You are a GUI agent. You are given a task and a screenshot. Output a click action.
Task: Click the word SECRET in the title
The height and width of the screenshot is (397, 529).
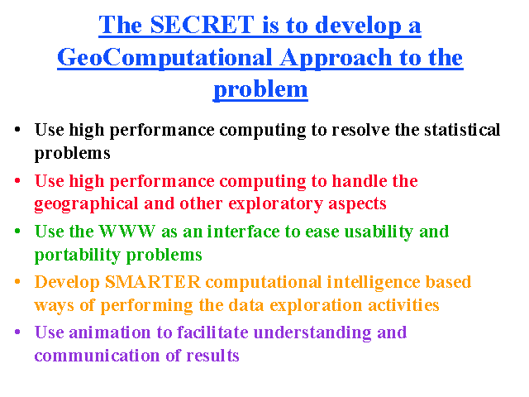(202, 25)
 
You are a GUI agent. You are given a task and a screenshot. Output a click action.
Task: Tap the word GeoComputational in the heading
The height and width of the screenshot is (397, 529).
(164, 58)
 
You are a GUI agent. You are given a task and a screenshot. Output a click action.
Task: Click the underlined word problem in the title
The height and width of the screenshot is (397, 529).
(260, 90)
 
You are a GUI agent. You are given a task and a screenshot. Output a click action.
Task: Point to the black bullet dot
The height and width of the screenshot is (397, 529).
(17, 130)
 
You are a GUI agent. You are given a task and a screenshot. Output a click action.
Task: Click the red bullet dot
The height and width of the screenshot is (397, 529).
(17, 180)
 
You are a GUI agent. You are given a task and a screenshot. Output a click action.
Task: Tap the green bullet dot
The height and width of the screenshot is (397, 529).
(17, 232)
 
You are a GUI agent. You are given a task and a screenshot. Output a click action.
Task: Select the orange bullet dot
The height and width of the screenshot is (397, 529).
(17, 281)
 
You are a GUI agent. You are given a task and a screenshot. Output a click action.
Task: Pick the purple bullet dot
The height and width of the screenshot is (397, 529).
(17, 332)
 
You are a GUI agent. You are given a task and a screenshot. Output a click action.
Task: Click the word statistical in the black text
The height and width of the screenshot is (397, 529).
(462, 130)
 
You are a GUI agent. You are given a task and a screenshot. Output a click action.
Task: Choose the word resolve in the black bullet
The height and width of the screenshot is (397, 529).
(360, 130)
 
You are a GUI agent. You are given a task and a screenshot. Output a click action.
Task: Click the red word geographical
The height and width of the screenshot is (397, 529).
(86, 204)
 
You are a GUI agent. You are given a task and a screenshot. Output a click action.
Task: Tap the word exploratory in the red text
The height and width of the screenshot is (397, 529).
(275, 204)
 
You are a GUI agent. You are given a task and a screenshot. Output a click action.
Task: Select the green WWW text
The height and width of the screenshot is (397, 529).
(127, 232)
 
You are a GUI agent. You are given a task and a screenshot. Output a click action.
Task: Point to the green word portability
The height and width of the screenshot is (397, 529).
(77, 255)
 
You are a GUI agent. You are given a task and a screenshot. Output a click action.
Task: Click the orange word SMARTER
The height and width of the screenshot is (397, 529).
(153, 282)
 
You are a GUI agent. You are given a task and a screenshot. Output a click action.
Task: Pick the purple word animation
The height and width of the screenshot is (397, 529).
(110, 332)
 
